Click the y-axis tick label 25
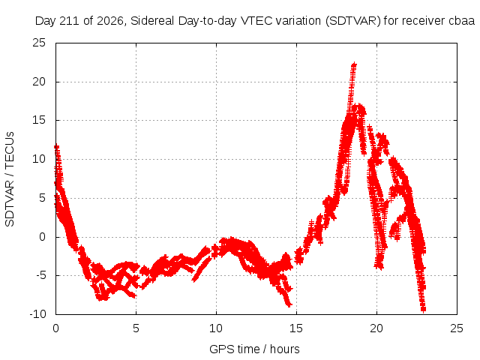39,43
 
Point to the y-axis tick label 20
39,82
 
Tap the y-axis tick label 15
39,120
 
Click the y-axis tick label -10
37,314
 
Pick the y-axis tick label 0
42,237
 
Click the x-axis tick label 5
136,328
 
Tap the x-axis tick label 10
216,328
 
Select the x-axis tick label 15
296,328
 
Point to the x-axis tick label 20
376,328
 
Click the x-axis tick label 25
457,328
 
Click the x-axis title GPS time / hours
254,349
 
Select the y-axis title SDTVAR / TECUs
10,179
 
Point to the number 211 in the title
70,21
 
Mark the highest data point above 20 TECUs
354,64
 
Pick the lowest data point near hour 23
423,310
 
